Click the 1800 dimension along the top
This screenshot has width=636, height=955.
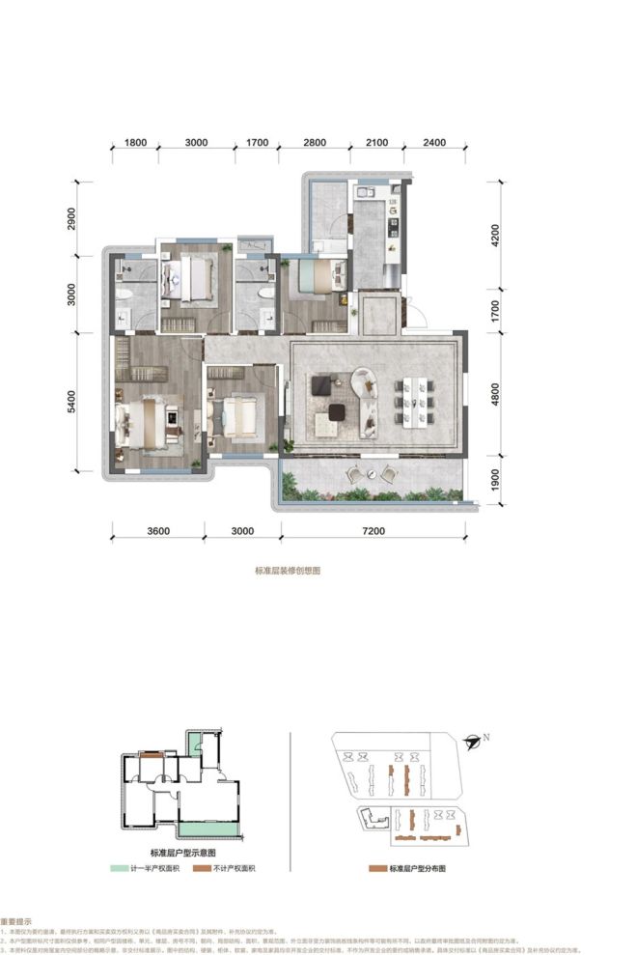click(134, 142)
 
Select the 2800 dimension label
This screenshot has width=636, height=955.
click(316, 142)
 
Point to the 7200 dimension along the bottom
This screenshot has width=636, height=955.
click(371, 530)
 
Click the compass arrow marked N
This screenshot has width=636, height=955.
click(473, 742)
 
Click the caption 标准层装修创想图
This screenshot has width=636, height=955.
click(287, 571)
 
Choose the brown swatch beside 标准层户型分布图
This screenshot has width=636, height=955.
click(377, 869)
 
